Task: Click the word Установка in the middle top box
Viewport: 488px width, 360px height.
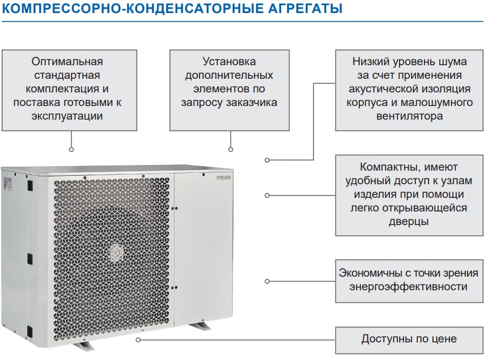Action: coord(229,61)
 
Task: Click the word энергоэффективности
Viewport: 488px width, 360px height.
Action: coord(409,286)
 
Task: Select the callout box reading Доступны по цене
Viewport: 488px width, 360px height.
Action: coord(409,340)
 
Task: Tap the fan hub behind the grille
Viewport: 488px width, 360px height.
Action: coord(116,253)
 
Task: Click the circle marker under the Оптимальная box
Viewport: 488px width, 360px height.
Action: coord(71,150)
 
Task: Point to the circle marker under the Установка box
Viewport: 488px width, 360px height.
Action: coord(230,150)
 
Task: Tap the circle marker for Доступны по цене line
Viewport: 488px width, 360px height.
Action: coord(138,340)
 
